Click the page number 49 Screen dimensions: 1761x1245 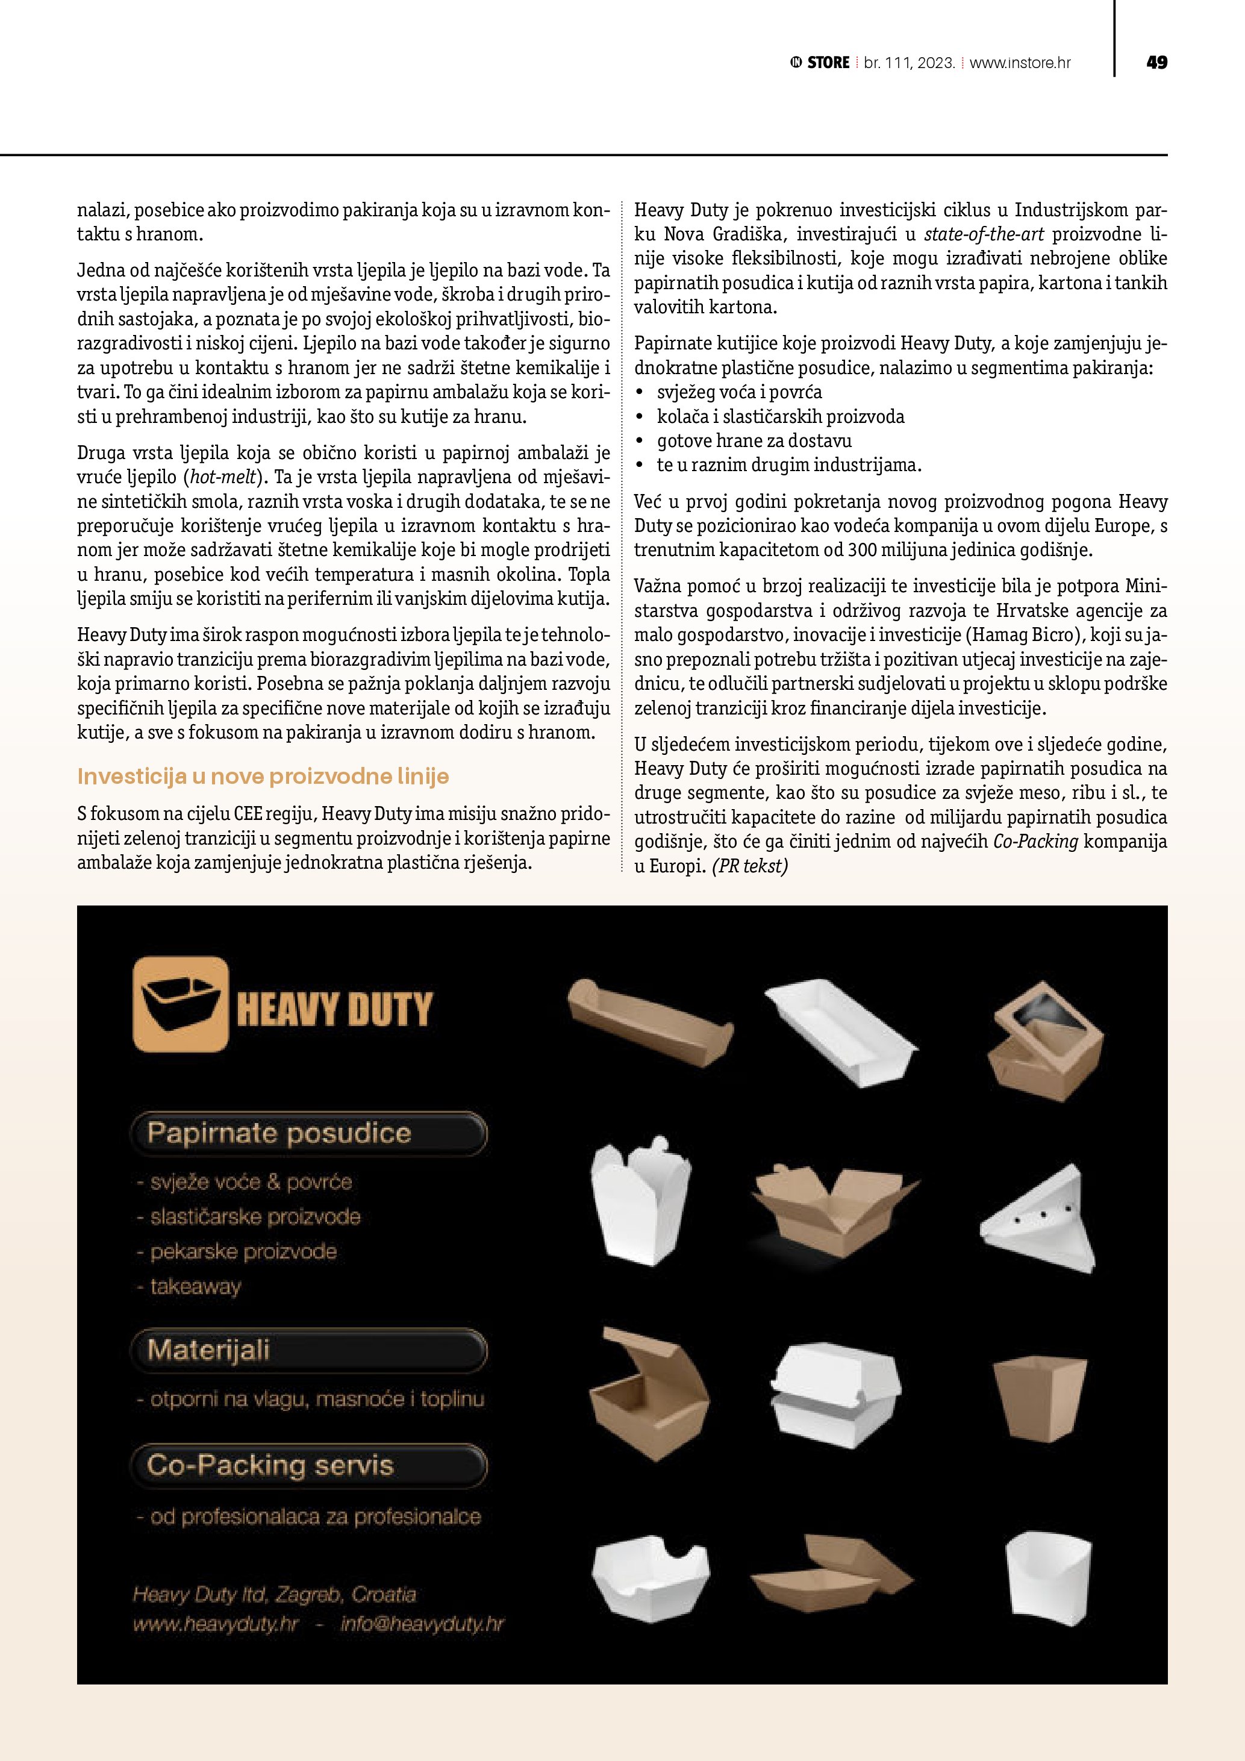click(x=1156, y=63)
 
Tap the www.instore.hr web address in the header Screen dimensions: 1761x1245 click(x=1020, y=63)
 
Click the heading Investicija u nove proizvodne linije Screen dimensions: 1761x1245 click(x=263, y=776)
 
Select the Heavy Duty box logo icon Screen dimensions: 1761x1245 click(x=181, y=1003)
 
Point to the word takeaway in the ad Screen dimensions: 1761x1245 click(x=196, y=1286)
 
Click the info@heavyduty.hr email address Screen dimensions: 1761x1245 click(x=422, y=1624)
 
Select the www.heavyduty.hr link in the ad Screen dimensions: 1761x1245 click(x=216, y=1624)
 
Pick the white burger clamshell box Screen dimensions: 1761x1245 click(x=835, y=1395)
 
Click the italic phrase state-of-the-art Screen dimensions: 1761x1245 click(x=984, y=234)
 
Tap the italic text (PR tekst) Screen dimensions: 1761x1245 click(x=750, y=866)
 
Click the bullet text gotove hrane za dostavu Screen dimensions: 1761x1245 click(x=754, y=441)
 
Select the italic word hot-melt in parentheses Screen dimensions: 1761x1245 click(x=223, y=477)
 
